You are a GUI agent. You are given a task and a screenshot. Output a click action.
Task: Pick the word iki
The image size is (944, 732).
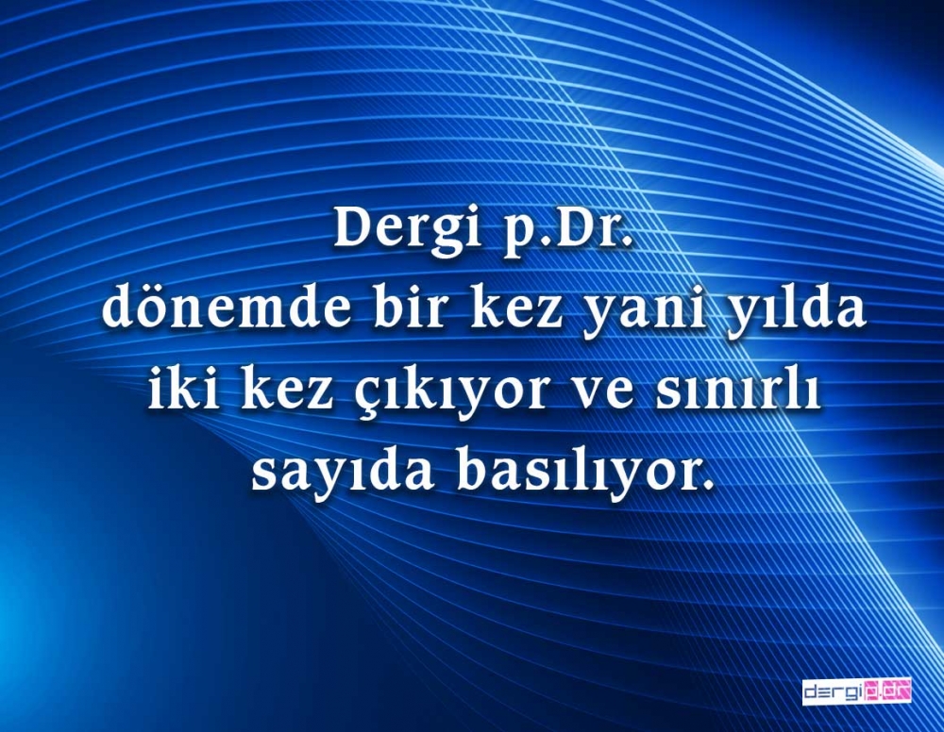pos(177,392)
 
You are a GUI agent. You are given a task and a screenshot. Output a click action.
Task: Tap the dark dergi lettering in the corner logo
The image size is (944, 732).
pos(834,692)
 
